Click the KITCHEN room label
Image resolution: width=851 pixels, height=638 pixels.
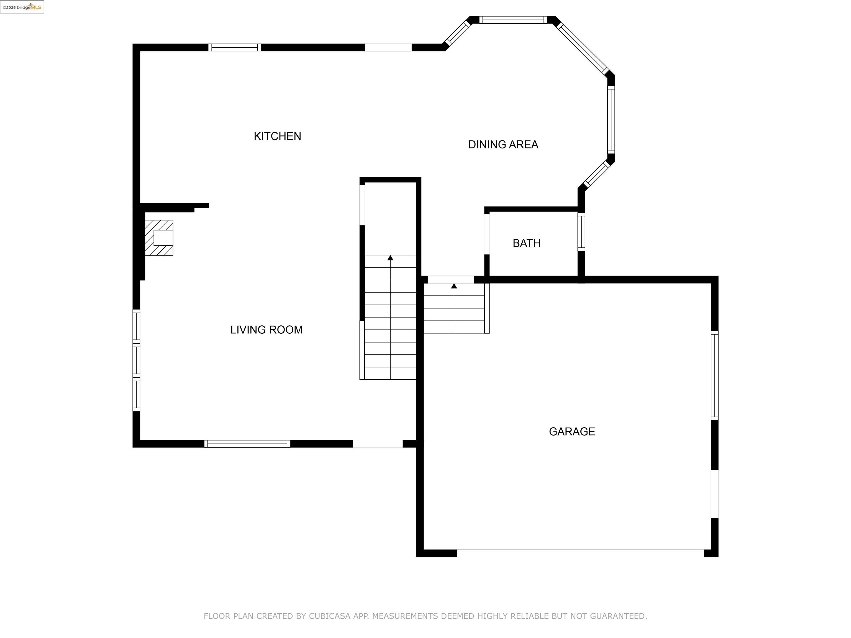(x=277, y=136)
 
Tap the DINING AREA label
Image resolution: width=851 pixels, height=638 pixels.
(x=503, y=145)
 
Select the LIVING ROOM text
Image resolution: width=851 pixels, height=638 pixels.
(x=266, y=330)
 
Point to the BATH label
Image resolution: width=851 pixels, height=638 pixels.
(x=526, y=243)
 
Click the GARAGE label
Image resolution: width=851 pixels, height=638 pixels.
(x=572, y=431)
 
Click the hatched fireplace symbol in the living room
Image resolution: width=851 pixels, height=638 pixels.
(x=159, y=238)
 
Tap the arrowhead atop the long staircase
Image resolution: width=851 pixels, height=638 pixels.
(x=390, y=258)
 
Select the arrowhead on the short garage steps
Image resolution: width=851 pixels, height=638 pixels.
(x=454, y=286)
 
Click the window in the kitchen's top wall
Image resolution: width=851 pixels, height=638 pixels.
(x=234, y=47)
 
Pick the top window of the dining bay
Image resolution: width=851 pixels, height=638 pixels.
(x=513, y=20)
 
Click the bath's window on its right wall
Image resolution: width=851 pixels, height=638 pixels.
(x=581, y=232)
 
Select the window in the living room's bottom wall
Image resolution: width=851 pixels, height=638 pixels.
(x=247, y=443)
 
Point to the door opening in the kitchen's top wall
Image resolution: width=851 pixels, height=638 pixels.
(x=388, y=47)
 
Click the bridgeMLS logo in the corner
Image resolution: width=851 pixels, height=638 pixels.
(x=22, y=7)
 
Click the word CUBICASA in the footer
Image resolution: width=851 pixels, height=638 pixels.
(x=329, y=616)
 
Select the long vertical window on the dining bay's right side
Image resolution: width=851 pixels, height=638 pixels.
(x=611, y=120)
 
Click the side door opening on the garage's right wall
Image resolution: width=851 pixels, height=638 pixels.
(x=714, y=494)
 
